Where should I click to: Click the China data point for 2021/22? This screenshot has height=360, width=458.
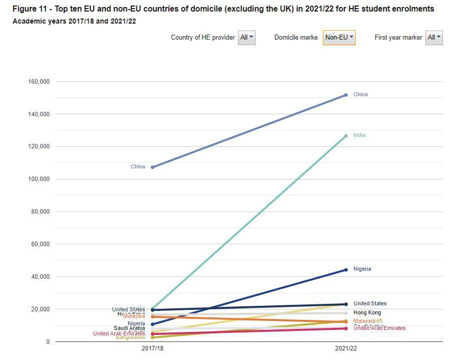point(346,95)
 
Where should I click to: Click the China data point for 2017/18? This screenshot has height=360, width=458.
point(152,167)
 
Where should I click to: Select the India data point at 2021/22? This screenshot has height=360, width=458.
point(346,136)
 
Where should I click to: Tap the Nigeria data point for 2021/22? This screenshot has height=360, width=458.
point(346,270)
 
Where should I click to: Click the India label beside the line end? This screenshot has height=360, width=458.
point(359,135)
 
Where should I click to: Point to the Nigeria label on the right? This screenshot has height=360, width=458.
point(362,269)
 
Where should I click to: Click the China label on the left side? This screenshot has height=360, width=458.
point(138,167)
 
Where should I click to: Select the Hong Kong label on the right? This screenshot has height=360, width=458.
point(367,313)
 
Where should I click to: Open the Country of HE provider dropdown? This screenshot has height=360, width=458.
point(247,38)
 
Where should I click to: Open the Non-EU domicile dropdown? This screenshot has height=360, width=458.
point(339,38)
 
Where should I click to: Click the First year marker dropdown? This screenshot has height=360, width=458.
point(434,38)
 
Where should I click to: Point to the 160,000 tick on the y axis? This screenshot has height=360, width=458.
point(38,82)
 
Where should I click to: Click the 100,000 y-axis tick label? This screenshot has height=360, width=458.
point(38,179)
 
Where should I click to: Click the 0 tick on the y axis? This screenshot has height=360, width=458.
point(48,342)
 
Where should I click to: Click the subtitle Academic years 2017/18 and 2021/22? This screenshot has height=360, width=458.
point(74,21)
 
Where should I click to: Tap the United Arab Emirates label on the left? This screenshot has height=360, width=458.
point(119,334)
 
